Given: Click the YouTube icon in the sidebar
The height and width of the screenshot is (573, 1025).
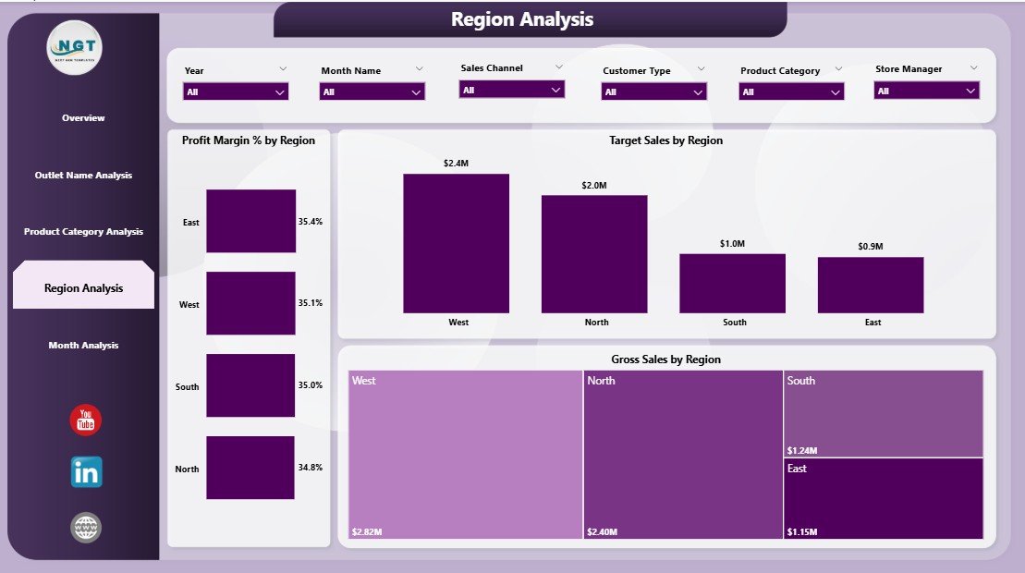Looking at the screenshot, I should pos(86,420).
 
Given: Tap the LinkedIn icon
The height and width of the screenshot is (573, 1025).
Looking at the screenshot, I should pos(87,472).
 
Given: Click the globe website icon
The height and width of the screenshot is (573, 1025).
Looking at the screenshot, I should pos(86,528).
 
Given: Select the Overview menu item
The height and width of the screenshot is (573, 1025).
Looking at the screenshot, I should pos(83,118).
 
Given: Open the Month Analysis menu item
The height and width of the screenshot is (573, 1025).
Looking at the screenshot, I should pos(83,346).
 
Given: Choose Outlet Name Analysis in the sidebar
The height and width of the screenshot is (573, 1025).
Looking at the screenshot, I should pos(83,176).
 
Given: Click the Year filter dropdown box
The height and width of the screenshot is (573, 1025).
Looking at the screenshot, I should pos(236,91).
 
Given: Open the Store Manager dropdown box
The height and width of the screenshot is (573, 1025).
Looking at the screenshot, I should pos(927,91).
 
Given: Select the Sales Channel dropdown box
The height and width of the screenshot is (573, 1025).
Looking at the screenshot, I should pos(512,90).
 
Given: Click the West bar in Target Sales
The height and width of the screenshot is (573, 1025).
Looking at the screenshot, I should pos(456,243).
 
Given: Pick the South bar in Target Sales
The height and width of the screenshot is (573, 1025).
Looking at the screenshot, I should pos(732,283).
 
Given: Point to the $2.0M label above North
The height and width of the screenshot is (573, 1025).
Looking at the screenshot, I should pos(594,186).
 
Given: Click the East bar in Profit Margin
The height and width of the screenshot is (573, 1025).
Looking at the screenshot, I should pos(250,221).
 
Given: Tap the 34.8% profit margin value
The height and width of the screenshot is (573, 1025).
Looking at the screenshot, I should pos(311,468).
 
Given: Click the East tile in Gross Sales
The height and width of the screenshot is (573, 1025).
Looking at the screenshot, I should pos(883,498).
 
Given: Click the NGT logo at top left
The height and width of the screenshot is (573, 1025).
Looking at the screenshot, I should pos(75,47).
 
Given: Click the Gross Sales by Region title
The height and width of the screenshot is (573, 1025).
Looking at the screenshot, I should pos(665,360).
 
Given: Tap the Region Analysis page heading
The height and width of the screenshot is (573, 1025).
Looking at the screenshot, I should pos(522,19).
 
